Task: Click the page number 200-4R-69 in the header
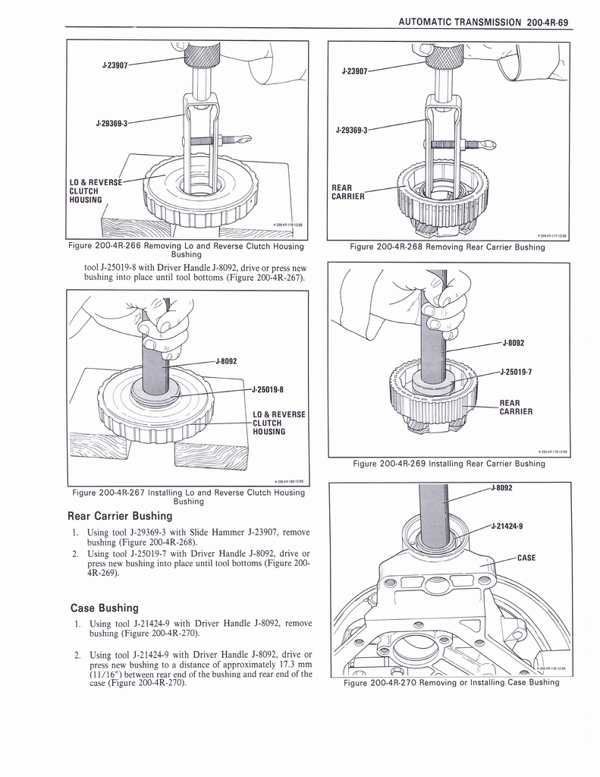tap(545, 22)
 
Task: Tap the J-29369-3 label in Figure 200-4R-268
tap(351, 130)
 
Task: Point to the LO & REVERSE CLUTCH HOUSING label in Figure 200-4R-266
tap(96, 191)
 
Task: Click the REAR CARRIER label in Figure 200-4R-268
tap(348, 192)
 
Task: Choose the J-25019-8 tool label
tap(268, 390)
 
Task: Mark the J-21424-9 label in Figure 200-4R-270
tap(507, 526)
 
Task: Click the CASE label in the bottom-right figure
tap(526, 558)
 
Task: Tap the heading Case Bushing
tap(104, 608)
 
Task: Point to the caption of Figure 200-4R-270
tap(451, 682)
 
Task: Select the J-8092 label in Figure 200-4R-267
tap(227, 360)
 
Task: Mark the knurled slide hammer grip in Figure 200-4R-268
tap(439, 55)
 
